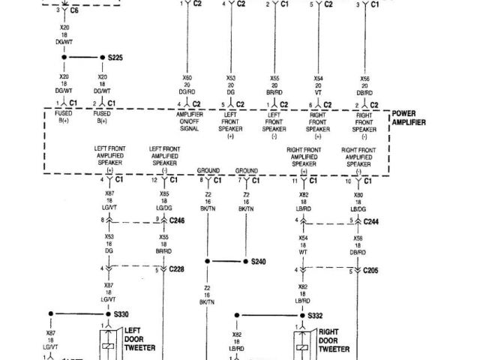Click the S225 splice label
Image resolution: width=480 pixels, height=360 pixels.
116,57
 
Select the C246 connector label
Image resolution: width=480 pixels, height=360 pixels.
177,220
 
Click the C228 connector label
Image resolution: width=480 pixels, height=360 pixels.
177,268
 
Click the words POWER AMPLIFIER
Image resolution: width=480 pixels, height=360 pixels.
409,118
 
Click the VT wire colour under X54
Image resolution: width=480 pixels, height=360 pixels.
318,93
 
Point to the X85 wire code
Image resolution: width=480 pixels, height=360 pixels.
163,195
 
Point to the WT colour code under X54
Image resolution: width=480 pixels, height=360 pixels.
304,252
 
